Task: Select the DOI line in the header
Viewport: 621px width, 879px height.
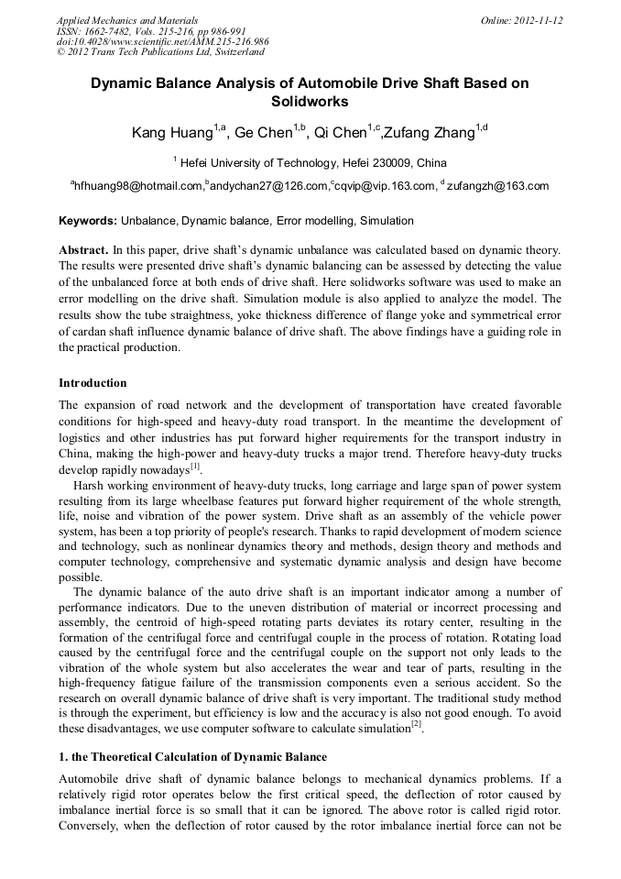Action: (x=162, y=41)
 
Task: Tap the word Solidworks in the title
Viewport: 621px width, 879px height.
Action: (x=310, y=102)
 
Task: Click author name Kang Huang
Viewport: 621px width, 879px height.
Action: (x=172, y=133)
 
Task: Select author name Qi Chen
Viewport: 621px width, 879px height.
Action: (x=340, y=133)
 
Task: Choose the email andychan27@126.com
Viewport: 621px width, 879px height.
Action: (x=268, y=186)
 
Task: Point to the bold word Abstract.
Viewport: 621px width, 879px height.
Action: (x=83, y=250)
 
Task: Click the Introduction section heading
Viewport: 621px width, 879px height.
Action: (x=93, y=383)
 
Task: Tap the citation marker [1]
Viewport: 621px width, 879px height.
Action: (x=195, y=466)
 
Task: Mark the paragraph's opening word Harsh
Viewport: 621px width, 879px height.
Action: (x=89, y=484)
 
